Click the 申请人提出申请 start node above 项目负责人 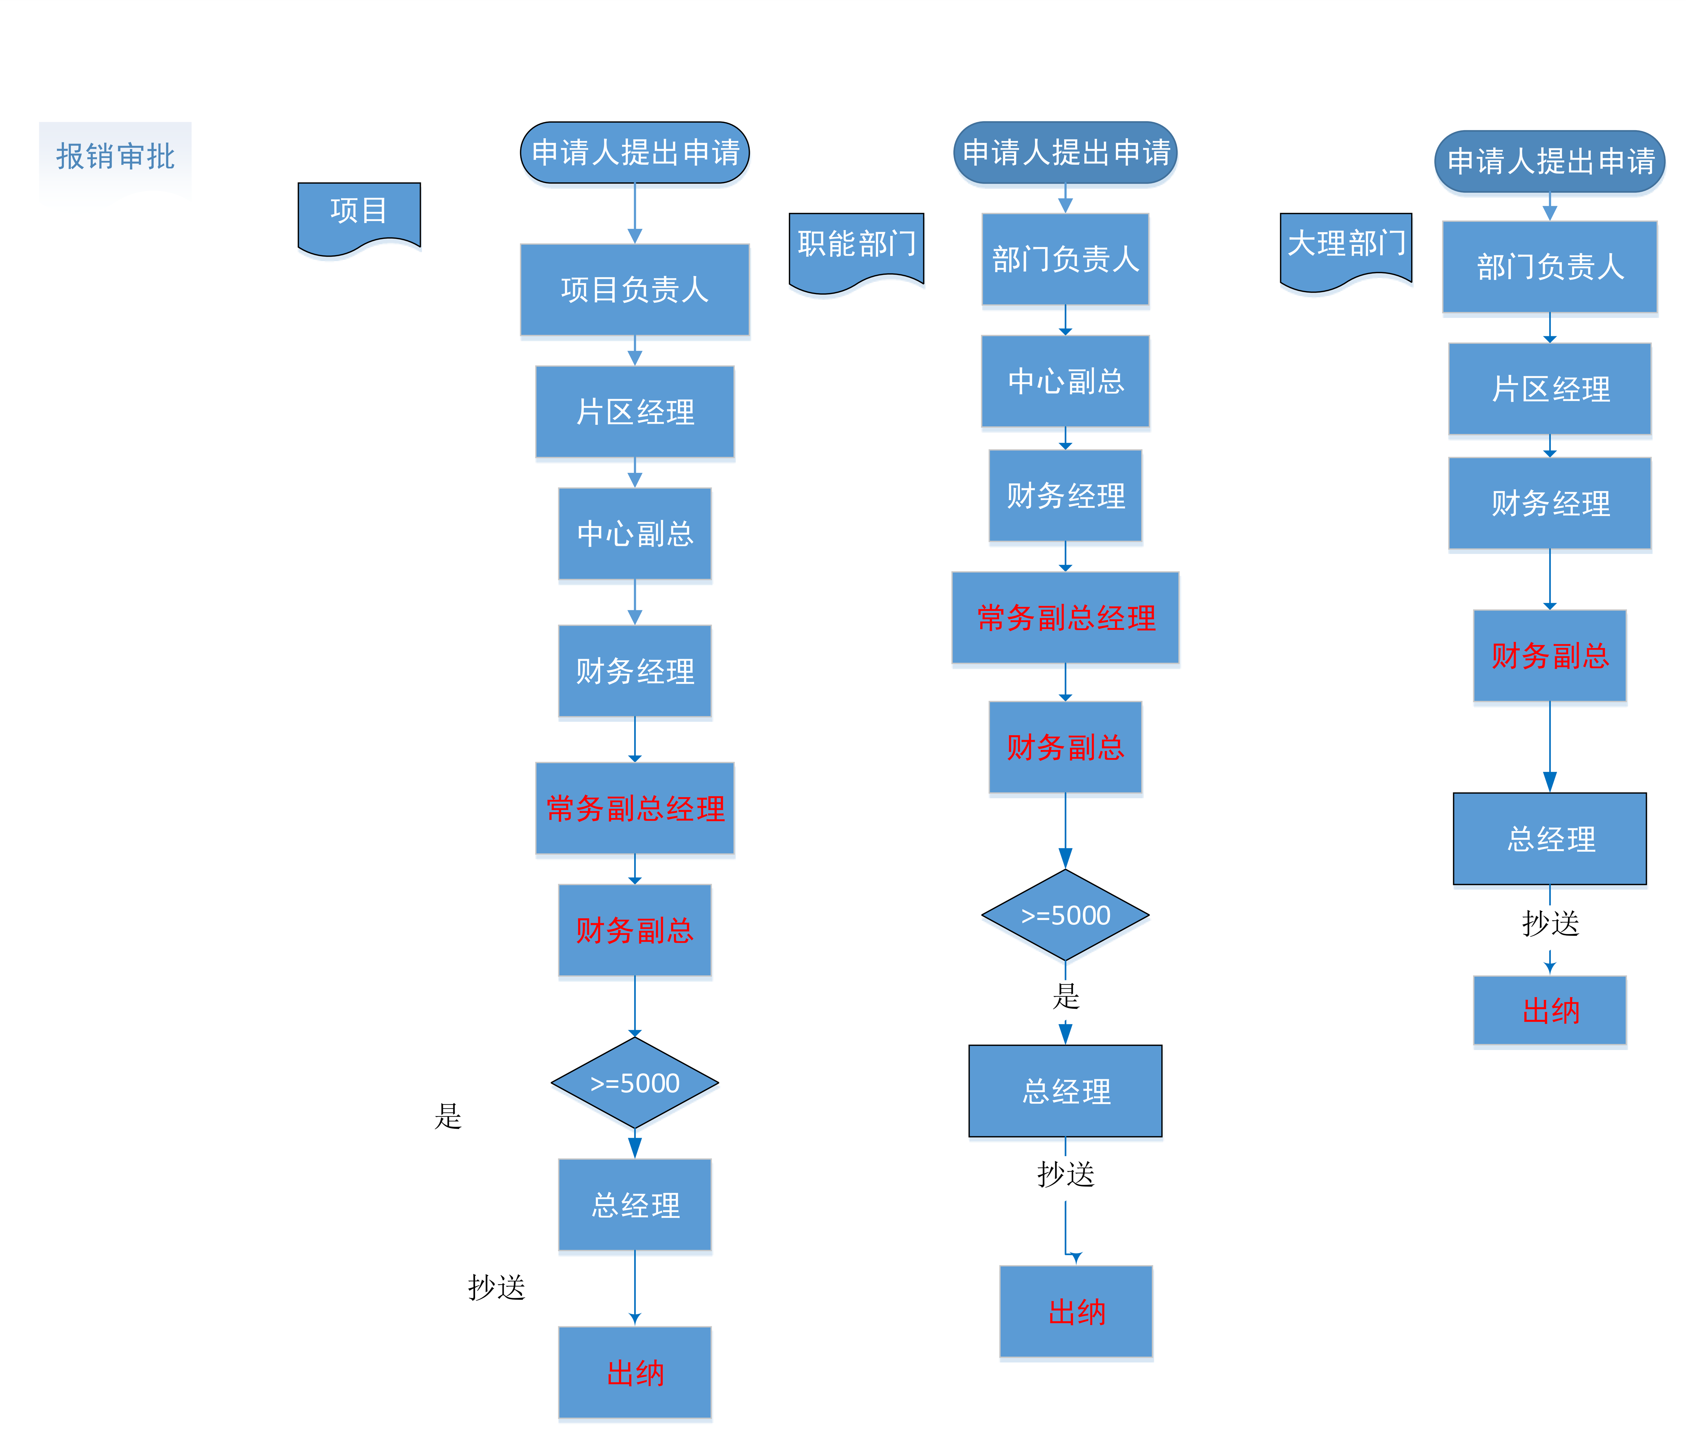(x=635, y=152)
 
